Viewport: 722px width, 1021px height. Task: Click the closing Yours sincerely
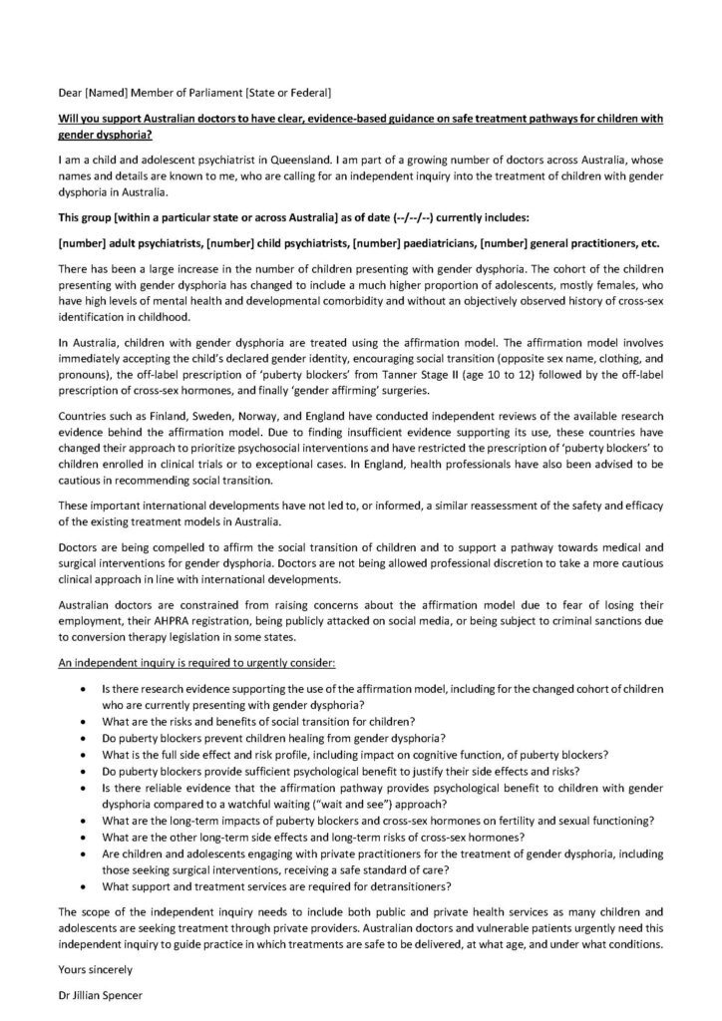coord(97,964)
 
